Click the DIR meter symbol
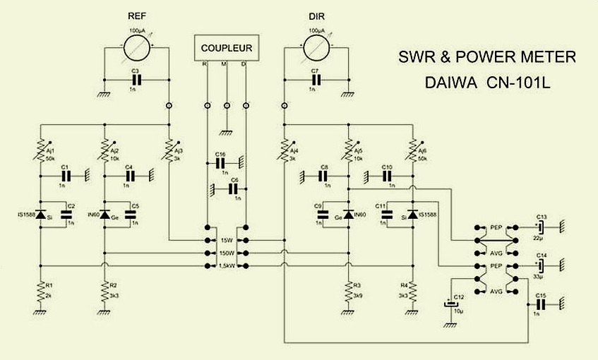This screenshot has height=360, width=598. (x=317, y=49)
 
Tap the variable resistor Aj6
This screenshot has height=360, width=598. (x=412, y=150)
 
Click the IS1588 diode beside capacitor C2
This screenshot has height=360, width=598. (x=40, y=214)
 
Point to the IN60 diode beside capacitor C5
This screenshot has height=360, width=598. (x=104, y=214)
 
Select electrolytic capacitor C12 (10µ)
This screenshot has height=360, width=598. (x=448, y=305)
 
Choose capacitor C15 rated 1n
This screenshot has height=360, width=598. (x=541, y=304)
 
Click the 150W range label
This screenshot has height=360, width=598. (x=227, y=252)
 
